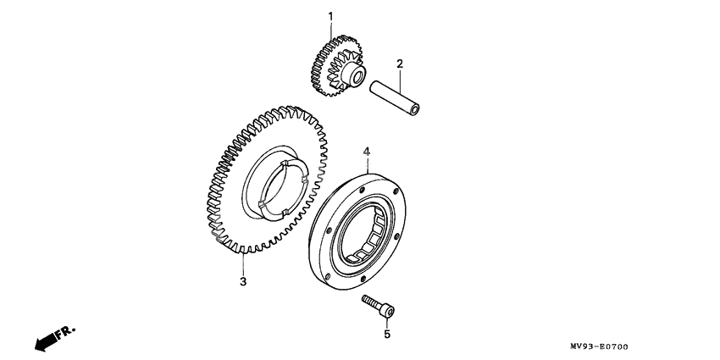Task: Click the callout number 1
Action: (x=330, y=17)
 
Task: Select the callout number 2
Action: (x=400, y=64)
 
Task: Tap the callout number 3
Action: (x=243, y=281)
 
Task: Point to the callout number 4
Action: (x=367, y=151)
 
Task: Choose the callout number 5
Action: (x=387, y=335)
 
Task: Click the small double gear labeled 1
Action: (x=338, y=66)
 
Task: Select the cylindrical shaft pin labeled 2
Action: (x=395, y=98)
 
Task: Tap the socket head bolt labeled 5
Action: (x=378, y=307)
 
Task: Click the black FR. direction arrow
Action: (x=46, y=342)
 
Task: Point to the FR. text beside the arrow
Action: (x=66, y=332)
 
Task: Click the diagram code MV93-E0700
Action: (x=599, y=346)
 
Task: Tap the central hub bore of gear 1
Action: (x=357, y=75)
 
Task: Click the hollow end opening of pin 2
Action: (x=415, y=110)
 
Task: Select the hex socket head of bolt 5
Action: (x=388, y=312)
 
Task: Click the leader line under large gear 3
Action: (x=243, y=263)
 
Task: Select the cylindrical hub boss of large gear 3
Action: (x=276, y=182)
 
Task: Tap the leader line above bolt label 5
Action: (x=387, y=323)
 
